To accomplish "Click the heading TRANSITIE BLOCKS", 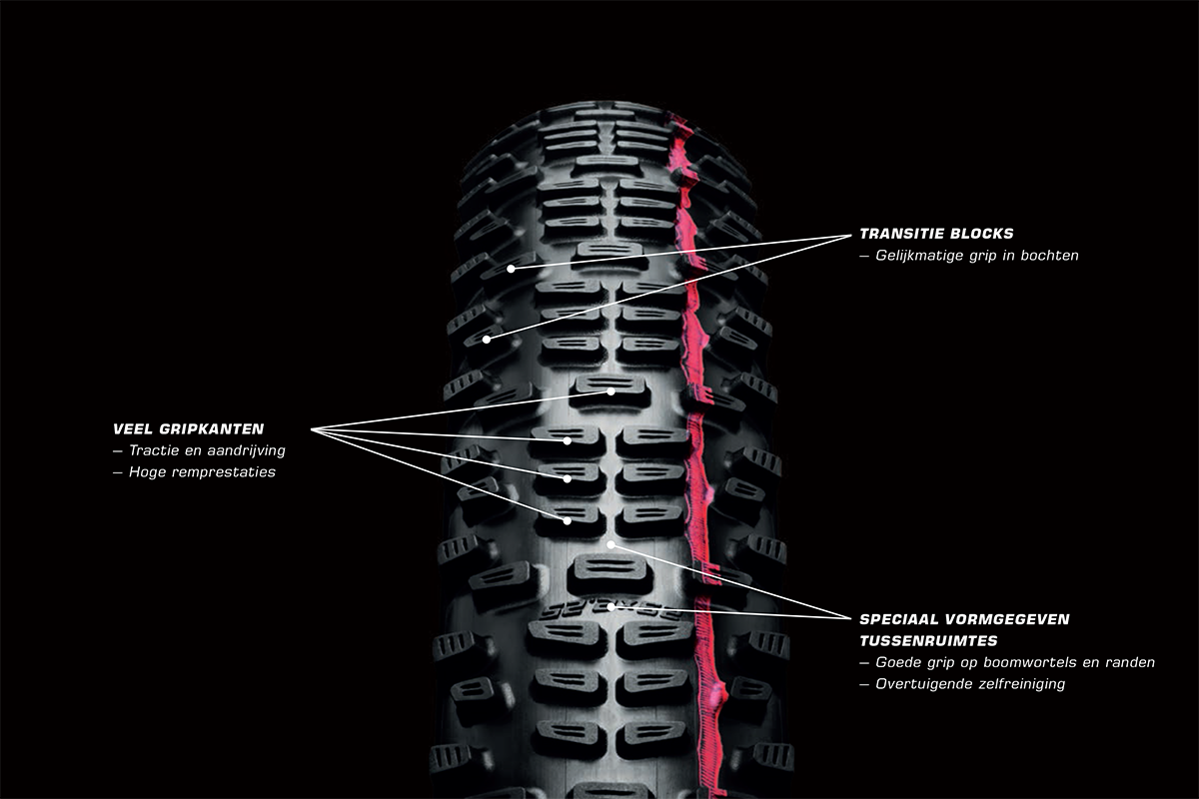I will (936, 234).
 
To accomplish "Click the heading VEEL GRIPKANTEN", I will (189, 428).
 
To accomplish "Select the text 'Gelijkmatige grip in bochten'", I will (976, 256).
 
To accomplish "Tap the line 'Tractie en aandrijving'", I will (207, 450).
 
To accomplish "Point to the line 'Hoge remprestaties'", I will (202, 472).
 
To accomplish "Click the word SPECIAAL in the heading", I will (898, 619).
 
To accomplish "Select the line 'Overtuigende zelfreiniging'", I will (969, 684).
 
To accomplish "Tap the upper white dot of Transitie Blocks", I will (511, 268).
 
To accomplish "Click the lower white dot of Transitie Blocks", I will (487, 340).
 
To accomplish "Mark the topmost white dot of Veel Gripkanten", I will (610, 392).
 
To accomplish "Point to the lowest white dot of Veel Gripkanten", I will (567, 520).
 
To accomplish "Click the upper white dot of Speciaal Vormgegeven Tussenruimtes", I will (610, 544).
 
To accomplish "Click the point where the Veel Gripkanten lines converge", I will (313, 430).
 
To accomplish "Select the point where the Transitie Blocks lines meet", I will (848, 236).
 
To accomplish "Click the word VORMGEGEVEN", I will (1005, 619).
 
